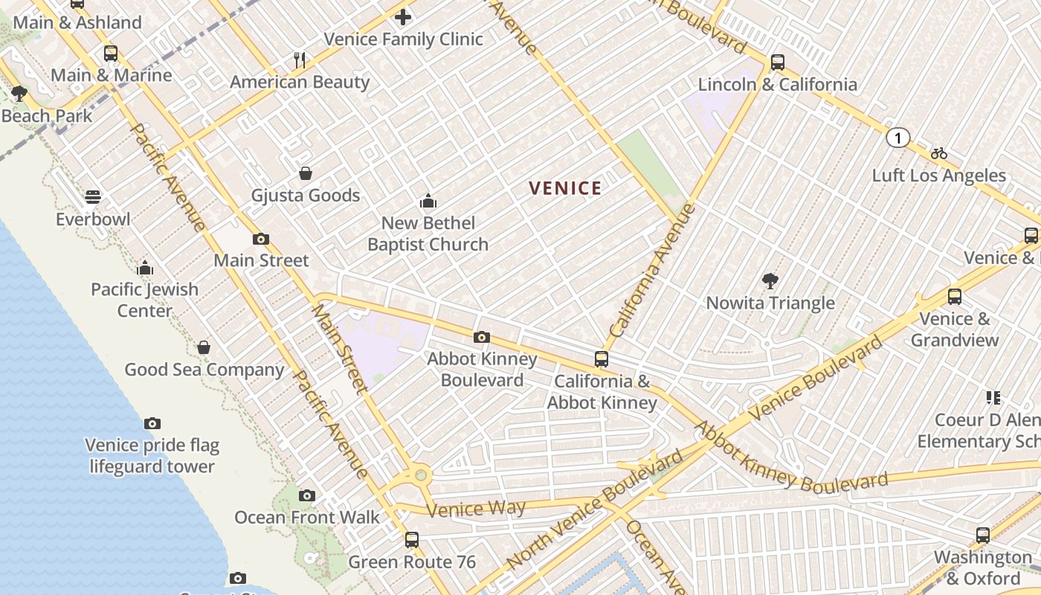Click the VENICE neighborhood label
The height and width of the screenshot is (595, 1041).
coord(565,188)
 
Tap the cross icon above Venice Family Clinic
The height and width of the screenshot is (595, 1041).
coord(403,16)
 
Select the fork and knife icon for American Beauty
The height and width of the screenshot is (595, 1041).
coord(300,60)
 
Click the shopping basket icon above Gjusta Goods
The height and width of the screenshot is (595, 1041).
coord(305,173)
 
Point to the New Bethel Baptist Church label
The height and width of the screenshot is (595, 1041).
coord(428,234)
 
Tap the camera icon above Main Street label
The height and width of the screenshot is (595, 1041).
coord(260,239)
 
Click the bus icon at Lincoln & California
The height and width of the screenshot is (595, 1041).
coord(778,62)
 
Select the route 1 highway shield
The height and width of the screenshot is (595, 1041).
coord(898,138)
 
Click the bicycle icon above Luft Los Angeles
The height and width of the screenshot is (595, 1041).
coord(939,154)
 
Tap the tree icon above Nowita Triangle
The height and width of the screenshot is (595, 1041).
coord(770,281)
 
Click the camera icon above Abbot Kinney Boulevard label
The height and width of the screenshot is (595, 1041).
coord(481,338)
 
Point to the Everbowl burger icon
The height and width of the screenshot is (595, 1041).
coord(93,197)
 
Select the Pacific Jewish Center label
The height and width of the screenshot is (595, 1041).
coord(145,300)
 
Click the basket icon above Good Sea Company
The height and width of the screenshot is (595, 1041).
coord(204,347)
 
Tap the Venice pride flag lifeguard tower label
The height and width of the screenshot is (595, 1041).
coord(152,456)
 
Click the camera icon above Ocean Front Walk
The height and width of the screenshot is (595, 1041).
coord(306,495)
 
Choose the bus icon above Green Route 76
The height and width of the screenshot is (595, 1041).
coord(412,540)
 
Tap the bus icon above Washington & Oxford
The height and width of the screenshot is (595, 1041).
coord(983,535)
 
